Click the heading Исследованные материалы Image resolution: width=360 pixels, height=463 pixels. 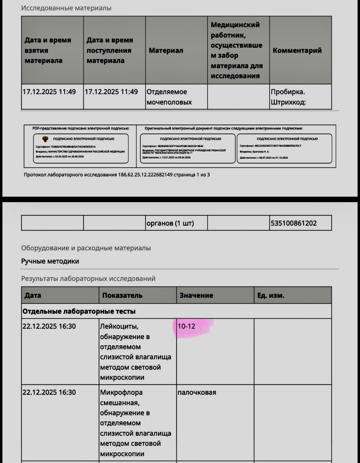[66, 8]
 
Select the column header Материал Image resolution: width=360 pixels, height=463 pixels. [166, 51]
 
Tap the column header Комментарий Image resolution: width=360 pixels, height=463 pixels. [297, 51]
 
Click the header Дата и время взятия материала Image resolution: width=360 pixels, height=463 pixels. [48, 50]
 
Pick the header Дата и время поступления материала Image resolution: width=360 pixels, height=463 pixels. [110, 50]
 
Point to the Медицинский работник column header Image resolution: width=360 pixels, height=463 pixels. [236, 50]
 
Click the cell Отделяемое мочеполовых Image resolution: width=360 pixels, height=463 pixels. [169, 97]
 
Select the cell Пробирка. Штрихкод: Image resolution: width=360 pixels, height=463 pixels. [288, 97]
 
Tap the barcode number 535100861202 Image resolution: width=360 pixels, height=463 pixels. [293, 223]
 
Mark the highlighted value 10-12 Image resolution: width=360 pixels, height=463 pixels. [187, 326]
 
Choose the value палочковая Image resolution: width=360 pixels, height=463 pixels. [197, 392]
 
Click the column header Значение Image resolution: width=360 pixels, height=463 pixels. [196, 296]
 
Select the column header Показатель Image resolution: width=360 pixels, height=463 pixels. [122, 296]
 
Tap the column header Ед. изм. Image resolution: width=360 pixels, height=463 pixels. [271, 296]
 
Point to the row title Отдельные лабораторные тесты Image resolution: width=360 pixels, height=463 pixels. [79, 311]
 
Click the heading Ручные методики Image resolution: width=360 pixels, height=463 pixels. [50, 261]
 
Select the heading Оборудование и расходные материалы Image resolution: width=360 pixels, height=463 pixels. [86, 248]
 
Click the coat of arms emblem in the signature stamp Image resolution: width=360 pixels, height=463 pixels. [46, 139]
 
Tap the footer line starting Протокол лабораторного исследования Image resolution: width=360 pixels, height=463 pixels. [117, 175]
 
